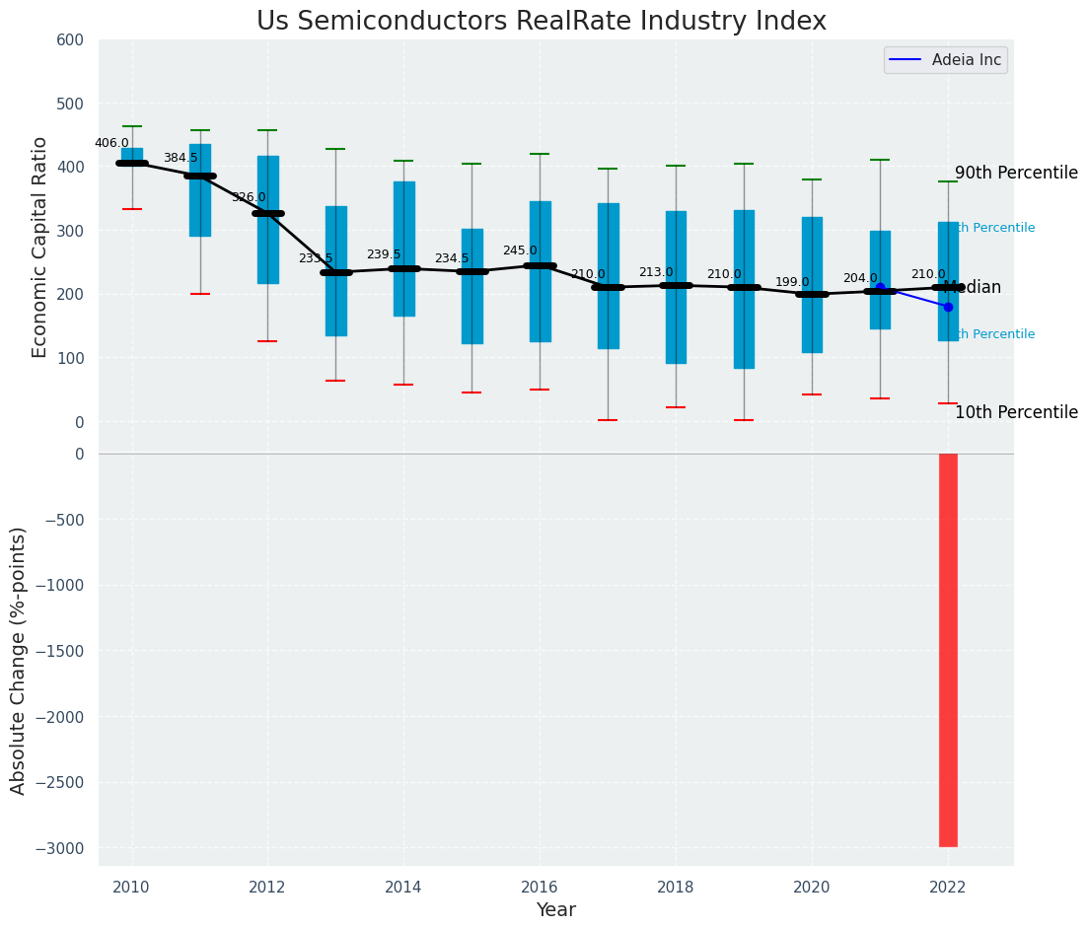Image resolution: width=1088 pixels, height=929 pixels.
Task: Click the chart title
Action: point(542,22)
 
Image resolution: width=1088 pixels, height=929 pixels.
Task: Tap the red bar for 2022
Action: point(948,650)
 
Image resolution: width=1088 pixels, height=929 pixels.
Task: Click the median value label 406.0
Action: point(111,143)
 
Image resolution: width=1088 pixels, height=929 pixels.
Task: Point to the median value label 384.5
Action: point(181,158)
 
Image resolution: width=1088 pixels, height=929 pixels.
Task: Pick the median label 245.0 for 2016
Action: point(520,251)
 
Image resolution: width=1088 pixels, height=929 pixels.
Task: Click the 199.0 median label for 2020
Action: point(792,283)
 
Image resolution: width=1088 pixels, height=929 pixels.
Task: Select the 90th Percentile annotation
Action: point(1016,174)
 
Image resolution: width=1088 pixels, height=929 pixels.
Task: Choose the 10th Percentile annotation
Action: point(1016,413)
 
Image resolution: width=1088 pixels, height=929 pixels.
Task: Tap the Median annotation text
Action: point(972,288)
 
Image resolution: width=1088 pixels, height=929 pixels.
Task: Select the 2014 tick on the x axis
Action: point(403,888)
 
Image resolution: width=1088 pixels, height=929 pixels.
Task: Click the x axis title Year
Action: point(556,910)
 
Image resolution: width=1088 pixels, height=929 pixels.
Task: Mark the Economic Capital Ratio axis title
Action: point(40,248)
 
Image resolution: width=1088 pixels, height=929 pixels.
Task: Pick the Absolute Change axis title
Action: point(19,660)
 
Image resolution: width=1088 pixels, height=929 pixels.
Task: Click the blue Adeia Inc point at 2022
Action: point(948,307)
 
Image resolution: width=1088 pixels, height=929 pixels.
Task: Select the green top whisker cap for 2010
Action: point(131,126)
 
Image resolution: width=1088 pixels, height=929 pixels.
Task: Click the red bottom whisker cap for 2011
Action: point(199,294)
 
